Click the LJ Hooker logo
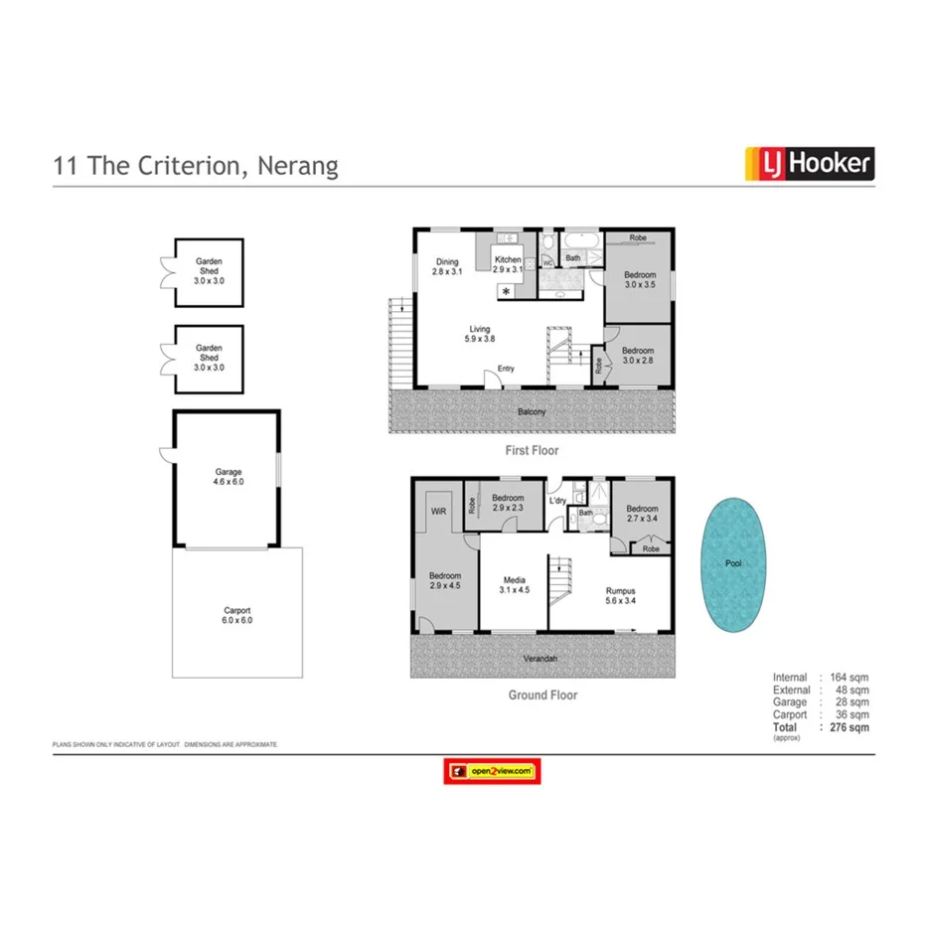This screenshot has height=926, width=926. (810, 163)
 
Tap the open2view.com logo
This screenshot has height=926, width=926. (494, 770)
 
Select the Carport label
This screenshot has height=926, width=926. (236, 611)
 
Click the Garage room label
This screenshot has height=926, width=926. (229, 472)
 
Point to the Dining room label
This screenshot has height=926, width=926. (447, 262)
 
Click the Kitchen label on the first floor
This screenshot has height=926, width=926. (508, 260)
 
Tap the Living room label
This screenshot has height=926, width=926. (480, 330)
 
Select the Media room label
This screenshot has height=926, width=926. (514, 580)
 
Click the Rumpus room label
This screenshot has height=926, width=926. (621, 590)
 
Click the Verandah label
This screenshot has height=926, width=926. (542, 658)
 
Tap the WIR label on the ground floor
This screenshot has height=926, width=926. (438, 511)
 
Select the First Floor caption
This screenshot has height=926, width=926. (533, 450)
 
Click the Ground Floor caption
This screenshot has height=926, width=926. (542, 695)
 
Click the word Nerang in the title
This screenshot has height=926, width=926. (298, 165)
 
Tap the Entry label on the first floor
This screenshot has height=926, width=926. (506, 369)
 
